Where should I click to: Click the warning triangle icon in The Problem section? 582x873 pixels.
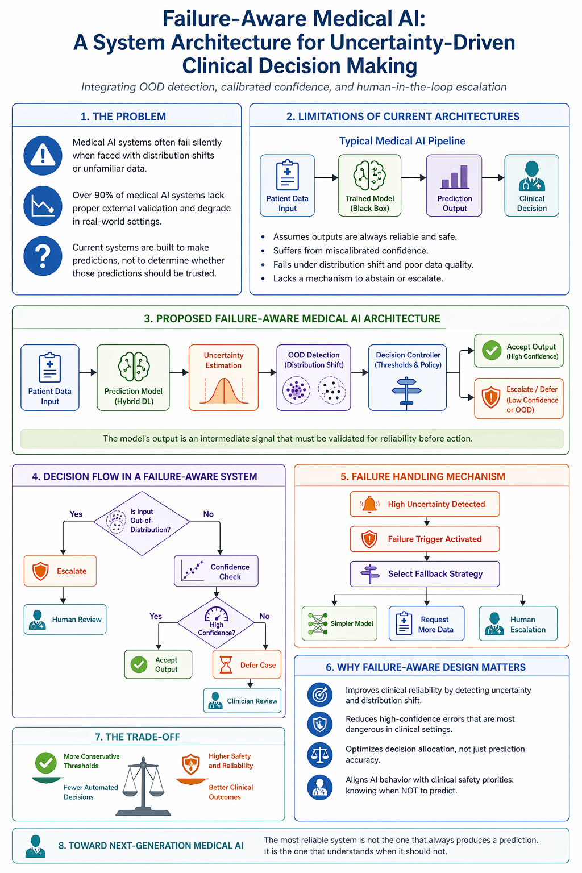click(x=43, y=155)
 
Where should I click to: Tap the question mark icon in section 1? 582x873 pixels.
click(x=43, y=256)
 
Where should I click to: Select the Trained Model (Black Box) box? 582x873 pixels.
click(x=369, y=185)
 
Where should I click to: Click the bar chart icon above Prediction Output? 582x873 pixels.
click(x=454, y=177)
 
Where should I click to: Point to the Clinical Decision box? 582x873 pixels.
click(x=532, y=185)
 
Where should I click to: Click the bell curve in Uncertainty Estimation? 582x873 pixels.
click(x=223, y=390)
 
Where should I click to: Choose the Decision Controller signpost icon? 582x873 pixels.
click(x=406, y=392)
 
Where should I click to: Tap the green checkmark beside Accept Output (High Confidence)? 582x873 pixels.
click(x=492, y=350)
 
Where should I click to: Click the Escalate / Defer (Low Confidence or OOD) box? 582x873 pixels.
click(x=519, y=398)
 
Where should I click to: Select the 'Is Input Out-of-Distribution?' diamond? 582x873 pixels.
click(x=142, y=523)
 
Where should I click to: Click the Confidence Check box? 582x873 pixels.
click(x=216, y=571)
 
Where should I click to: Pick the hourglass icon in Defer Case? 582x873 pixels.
click(x=226, y=665)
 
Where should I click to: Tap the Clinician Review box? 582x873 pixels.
click(x=242, y=701)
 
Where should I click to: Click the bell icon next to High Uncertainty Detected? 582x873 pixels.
click(x=369, y=504)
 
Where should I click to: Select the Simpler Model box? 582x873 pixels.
click(x=339, y=623)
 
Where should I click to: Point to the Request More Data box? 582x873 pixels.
click(x=426, y=623)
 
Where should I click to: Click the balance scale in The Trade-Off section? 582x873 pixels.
click(x=143, y=787)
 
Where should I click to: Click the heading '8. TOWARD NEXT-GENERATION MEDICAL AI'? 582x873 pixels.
click(x=151, y=846)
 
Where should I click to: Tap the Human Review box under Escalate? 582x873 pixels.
click(x=65, y=620)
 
